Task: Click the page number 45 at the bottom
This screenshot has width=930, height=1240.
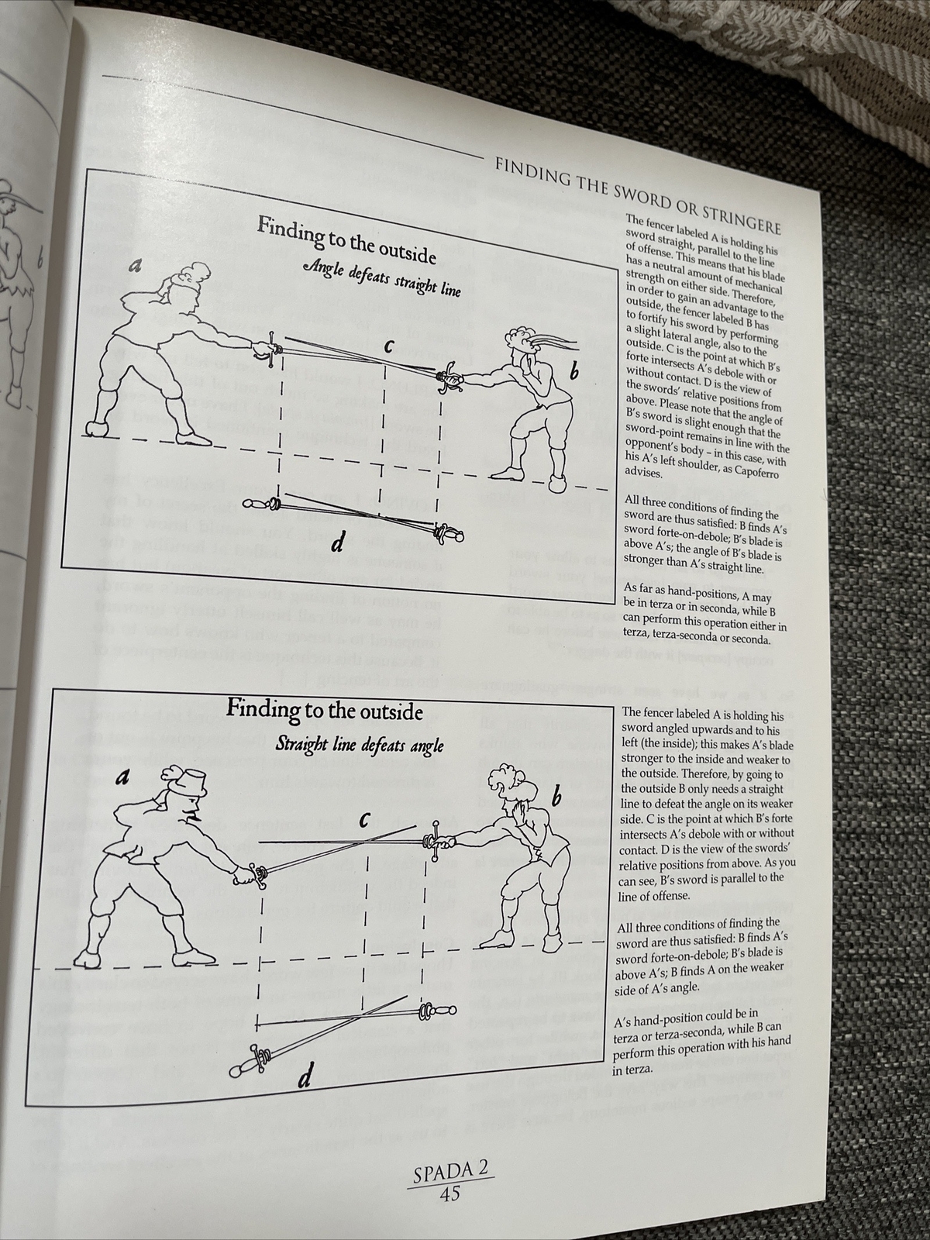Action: [x=450, y=1193]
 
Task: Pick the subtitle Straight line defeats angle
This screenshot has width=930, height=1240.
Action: [x=360, y=746]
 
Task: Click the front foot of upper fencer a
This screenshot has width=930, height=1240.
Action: [x=198, y=437]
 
